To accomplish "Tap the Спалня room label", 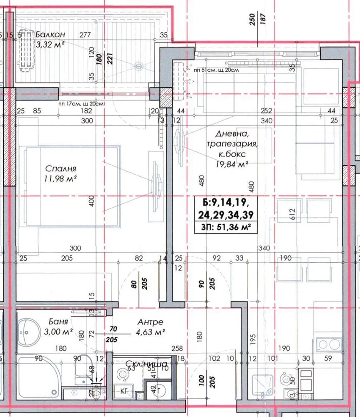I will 60,169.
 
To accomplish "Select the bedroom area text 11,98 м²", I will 61,179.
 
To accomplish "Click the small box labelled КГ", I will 123,391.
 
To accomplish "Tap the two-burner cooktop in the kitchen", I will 329,344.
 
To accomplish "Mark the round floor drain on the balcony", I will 139,65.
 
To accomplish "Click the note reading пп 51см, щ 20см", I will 217,70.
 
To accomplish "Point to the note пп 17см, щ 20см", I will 81,104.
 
